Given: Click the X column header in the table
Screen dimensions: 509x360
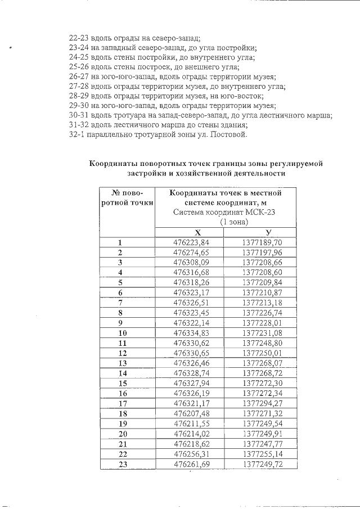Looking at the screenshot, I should tap(197, 232).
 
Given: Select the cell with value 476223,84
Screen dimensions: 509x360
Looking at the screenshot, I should tap(191, 243).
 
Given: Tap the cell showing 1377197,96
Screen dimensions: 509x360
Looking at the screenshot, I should tap(262, 253).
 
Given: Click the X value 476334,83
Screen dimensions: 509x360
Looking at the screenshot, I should tap(191, 333).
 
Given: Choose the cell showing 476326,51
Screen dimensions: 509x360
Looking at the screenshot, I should tap(191, 303).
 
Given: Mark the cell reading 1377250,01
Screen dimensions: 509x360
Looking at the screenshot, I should tap(262, 353).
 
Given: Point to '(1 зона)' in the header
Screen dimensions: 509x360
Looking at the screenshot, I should tap(234, 222).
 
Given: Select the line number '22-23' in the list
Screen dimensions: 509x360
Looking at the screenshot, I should tap(78, 38).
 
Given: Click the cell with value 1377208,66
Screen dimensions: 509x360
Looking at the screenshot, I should tap(262, 263).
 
